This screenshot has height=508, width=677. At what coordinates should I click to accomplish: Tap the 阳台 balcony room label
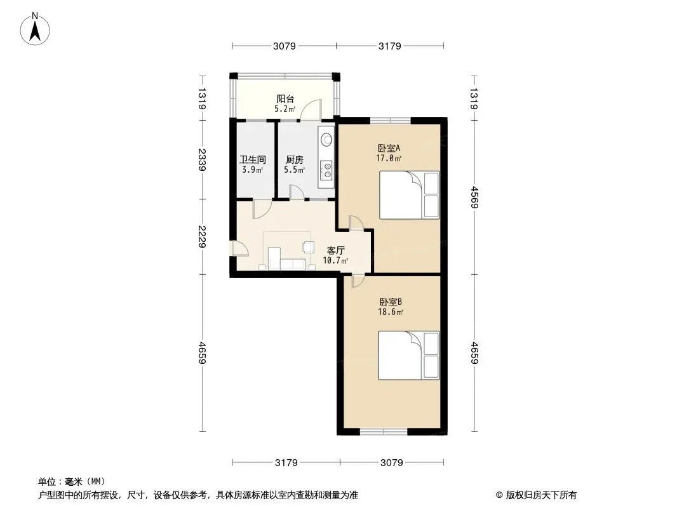pyautogui.click(x=285, y=99)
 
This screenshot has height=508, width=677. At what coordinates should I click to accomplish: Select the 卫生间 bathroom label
pyautogui.click(x=253, y=159)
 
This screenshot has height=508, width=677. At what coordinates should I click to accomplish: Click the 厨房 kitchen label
pyautogui.click(x=295, y=159)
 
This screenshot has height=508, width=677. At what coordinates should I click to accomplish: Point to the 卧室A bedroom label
pyautogui.click(x=389, y=148)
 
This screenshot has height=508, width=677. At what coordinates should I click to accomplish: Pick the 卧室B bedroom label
pyautogui.click(x=391, y=302)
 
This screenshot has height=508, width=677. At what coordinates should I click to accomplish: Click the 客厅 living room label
pyautogui.click(x=335, y=250)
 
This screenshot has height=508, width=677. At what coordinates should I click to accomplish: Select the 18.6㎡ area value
pyautogui.click(x=391, y=312)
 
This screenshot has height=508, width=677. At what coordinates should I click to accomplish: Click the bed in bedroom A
pyautogui.click(x=409, y=195)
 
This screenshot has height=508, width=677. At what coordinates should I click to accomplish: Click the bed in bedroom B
pyautogui.click(x=409, y=355)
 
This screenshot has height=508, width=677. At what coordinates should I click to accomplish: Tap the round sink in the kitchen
pyautogui.click(x=327, y=139)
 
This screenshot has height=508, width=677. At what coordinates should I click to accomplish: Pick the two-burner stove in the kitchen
pyautogui.click(x=327, y=170)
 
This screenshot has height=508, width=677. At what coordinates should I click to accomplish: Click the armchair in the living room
pyautogui.click(x=308, y=247)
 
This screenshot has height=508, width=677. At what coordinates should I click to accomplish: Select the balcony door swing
pyautogui.click(x=311, y=109)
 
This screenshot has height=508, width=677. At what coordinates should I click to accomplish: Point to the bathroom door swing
pyautogui.click(x=262, y=209)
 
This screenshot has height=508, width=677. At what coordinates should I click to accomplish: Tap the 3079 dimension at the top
pyautogui.click(x=284, y=46)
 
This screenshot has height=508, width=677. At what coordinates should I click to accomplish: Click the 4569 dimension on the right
pyautogui.click(x=474, y=197)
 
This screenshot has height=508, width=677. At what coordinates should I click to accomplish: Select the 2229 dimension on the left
pyautogui.click(x=201, y=236)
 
